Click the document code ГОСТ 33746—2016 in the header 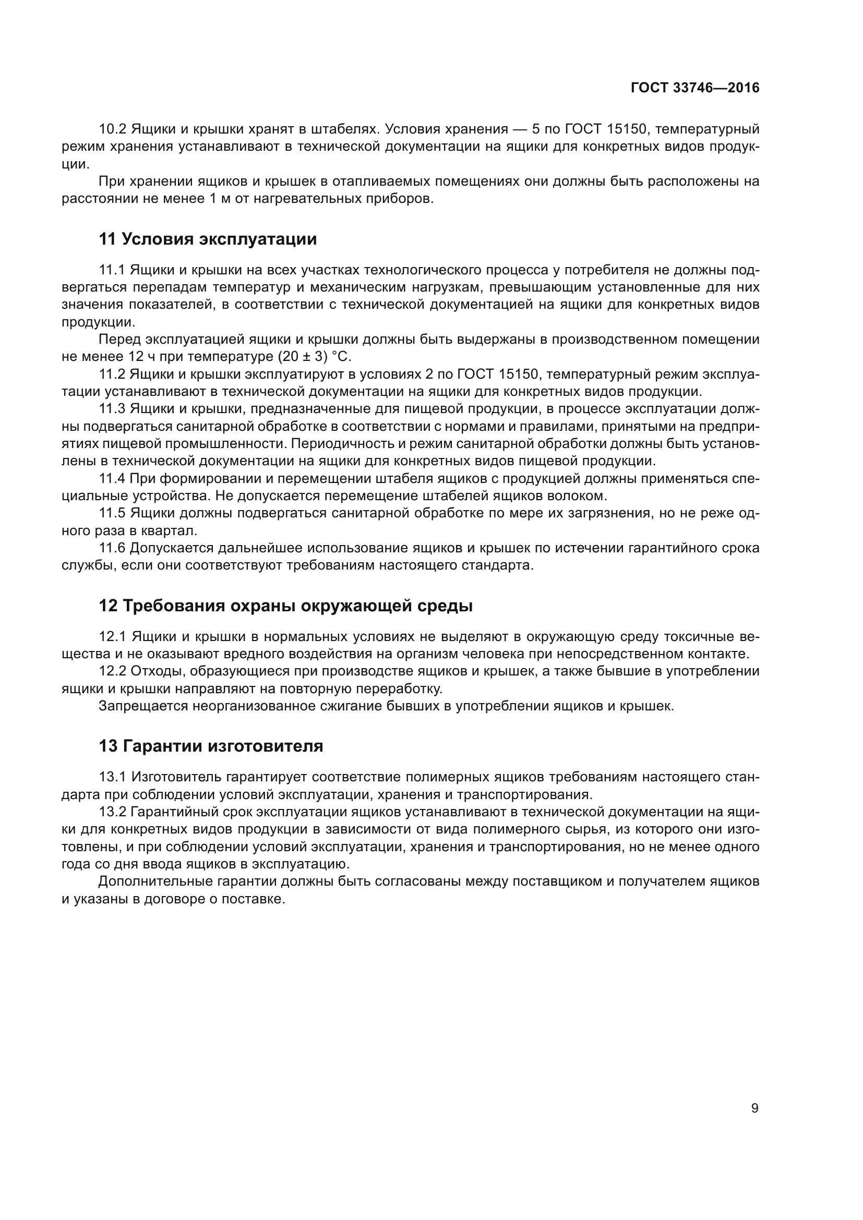[694, 88]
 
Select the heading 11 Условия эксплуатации [208, 239]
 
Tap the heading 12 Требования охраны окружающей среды [285, 606]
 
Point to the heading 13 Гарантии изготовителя [210, 746]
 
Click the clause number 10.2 [112, 129]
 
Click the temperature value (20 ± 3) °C [315, 357]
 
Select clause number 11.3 [112, 408]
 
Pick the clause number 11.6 [112, 548]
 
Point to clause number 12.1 [112, 636]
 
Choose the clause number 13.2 [112, 812]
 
